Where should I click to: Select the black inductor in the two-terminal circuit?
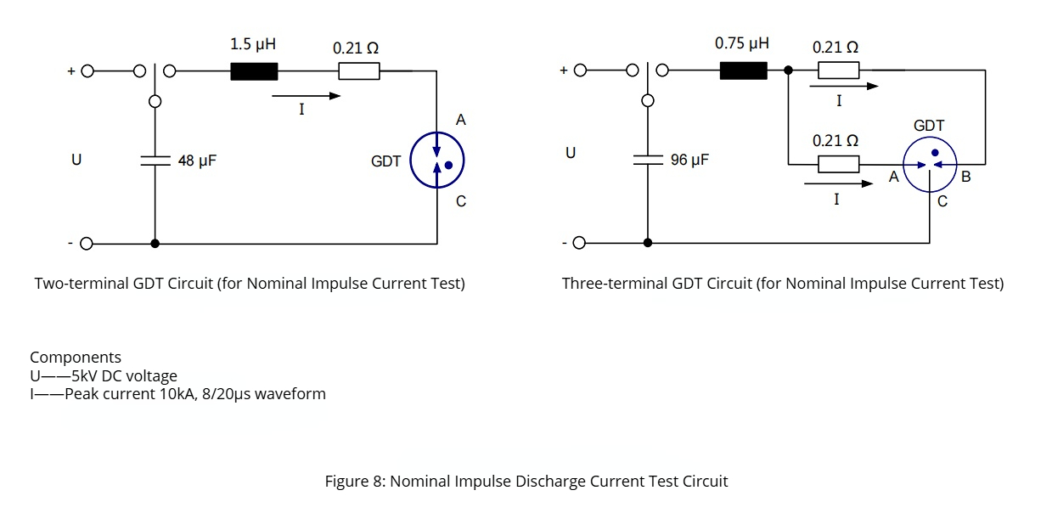click(254, 71)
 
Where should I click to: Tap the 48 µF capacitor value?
click(197, 160)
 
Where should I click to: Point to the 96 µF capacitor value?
click(689, 160)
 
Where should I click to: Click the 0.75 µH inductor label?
click(741, 43)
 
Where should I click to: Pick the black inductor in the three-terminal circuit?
click(743, 71)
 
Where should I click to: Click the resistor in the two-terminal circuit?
click(358, 71)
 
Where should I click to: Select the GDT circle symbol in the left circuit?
click(437, 160)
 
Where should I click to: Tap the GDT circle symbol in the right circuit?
click(930, 164)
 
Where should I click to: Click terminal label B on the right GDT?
click(965, 178)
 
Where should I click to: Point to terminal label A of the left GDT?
click(461, 121)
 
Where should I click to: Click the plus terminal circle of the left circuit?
click(87, 71)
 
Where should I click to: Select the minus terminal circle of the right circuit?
click(579, 244)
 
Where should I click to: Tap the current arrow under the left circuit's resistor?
click(306, 96)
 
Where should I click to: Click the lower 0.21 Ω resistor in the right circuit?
click(837, 163)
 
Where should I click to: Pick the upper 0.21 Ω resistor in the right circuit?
click(837, 71)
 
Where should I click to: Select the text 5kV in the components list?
click(84, 376)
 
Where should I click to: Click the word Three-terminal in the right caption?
click(605, 284)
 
